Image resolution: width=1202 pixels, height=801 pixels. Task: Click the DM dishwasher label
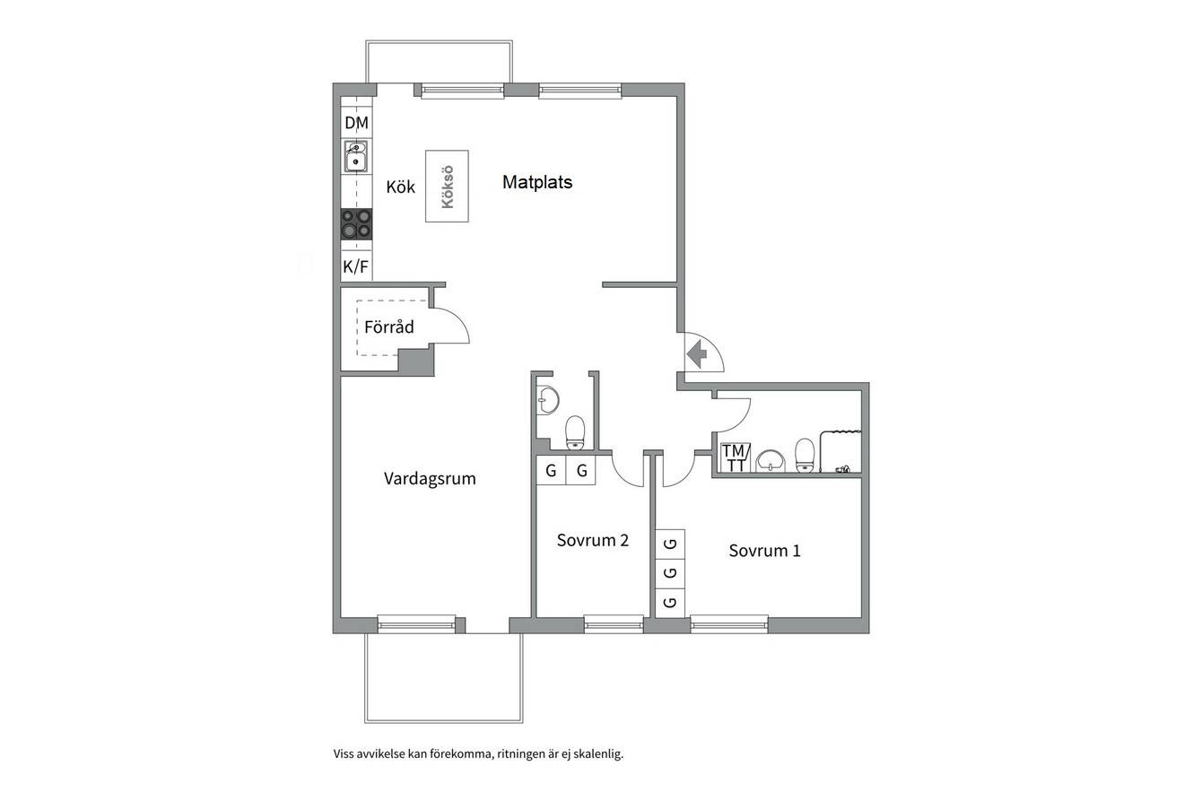356,123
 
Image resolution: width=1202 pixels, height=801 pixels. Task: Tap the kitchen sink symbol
356,156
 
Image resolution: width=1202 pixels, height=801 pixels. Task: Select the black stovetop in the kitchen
356,223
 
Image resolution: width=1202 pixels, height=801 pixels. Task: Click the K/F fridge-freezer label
356,266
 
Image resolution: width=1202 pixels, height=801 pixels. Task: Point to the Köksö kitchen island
447,187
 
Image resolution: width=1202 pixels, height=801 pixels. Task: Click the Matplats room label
537,182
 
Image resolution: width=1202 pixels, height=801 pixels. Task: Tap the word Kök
400,187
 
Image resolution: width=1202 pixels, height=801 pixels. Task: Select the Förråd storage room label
389,326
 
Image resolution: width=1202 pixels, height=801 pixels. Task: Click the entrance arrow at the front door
697,354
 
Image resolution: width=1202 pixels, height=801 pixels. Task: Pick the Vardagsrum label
430,479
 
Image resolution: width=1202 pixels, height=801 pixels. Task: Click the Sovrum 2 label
592,540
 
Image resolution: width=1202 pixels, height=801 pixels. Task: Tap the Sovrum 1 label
764,551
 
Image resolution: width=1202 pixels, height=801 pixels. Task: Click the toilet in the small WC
575,432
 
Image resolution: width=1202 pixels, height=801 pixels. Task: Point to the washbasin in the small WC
548,400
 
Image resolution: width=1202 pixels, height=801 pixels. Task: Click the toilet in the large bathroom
805,456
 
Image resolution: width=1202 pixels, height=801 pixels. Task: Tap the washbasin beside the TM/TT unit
770,461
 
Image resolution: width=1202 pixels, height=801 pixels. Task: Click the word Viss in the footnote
343,753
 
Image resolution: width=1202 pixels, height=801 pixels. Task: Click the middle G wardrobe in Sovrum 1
670,573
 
